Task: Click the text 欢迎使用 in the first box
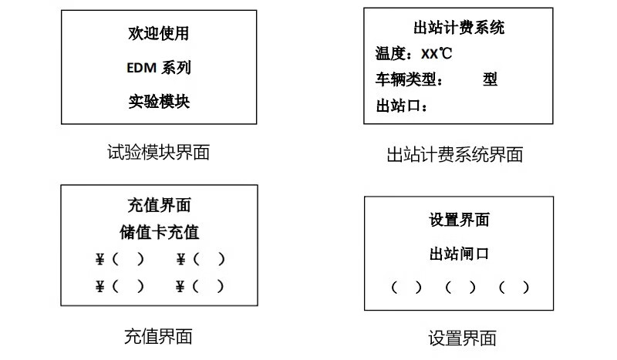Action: pyautogui.click(x=159, y=34)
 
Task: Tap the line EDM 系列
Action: pyautogui.click(x=159, y=68)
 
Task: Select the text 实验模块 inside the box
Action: pyautogui.click(x=159, y=102)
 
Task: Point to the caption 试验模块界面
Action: pyautogui.click(x=159, y=152)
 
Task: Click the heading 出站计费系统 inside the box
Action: pyautogui.click(x=459, y=29)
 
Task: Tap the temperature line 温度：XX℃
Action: pyautogui.click(x=413, y=54)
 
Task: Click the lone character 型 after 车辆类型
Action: pyautogui.click(x=490, y=79)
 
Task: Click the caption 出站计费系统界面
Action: pyautogui.click(x=454, y=155)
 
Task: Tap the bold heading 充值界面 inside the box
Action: pyautogui.click(x=159, y=206)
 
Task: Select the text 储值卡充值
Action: pyautogui.click(x=159, y=233)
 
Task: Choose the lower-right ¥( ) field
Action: pyautogui.click(x=201, y=287)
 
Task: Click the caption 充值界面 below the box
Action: pyautogui.click(x=158, y=336)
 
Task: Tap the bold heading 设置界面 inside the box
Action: pyautogui.click(x=459, y=220)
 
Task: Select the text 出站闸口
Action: pyautogui.click(x=459, y=254)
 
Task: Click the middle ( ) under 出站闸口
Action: pyautogui.click(x=460, y=288)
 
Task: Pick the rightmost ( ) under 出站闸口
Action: pyautogui.click(x=514, y=288)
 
